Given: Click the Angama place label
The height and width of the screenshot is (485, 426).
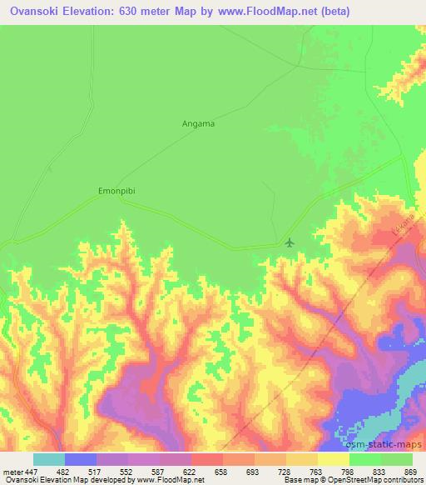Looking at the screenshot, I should point(198,123).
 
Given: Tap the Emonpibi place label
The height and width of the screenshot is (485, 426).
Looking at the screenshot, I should point(116,190).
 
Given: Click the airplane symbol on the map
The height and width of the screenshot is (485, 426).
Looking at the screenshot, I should point(289,242).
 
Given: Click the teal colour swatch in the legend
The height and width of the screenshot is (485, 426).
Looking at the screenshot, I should point(49,459).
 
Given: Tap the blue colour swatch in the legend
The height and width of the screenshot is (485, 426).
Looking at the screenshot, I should point(81,459).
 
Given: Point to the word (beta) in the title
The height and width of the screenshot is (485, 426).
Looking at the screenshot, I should point(328,12).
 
